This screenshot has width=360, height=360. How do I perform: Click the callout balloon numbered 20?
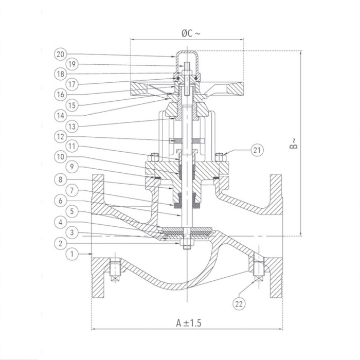61,54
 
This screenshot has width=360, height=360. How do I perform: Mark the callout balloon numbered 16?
61,95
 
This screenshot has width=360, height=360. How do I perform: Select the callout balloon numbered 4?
61,222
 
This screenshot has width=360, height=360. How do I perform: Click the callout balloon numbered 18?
61,74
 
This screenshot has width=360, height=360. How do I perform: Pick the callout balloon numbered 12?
61,136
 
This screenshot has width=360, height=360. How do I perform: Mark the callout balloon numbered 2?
61,243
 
